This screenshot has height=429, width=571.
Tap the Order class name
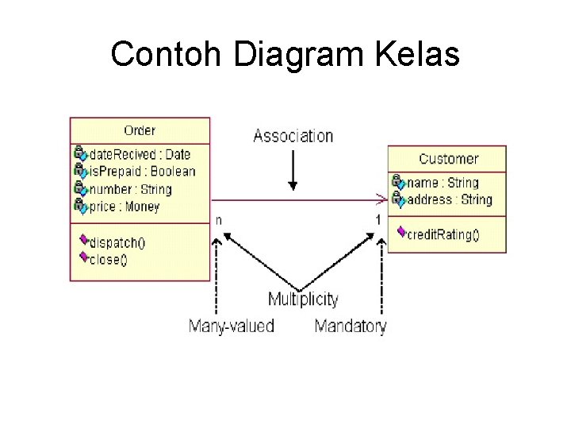140,130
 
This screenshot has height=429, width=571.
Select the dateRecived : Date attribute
140,154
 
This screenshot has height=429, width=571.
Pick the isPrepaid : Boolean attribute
142,172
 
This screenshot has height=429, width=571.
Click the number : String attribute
130,189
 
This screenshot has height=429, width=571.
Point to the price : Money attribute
125,207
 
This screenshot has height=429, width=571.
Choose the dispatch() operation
117,242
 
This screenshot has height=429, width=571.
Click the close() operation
109,258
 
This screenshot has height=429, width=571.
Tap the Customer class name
448,159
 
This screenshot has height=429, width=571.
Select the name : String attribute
443,183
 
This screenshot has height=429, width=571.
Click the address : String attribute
450,199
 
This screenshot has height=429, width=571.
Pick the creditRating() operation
443,234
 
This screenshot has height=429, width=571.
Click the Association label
293,136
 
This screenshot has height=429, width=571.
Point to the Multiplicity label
303,300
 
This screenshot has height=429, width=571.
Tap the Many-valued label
232,326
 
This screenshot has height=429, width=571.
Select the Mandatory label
351,326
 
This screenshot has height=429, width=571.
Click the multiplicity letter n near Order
218,218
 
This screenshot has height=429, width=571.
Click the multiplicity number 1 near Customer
378,218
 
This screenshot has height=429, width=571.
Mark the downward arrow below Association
293,170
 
